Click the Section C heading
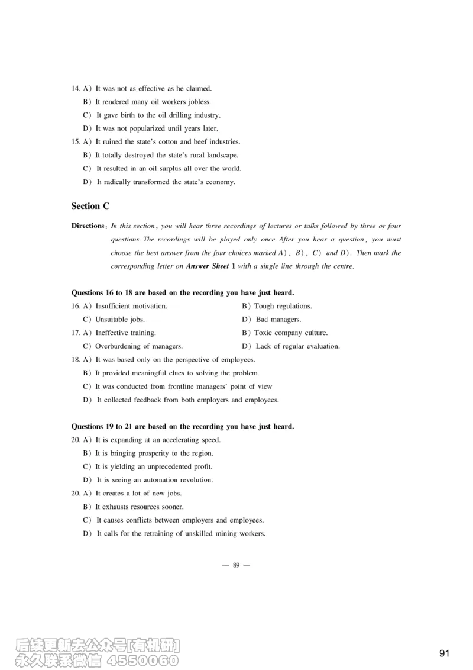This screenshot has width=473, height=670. pyautogui.click(x=90, y=206)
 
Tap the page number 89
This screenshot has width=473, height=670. pyautogui.click(x=236, y=565)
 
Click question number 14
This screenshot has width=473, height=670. pyautogui.click(x=75, y=89)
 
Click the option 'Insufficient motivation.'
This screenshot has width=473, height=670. pyautogui.click(x=131, y=306)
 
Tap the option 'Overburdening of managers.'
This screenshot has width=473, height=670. pyautogui.click(x=138, y=346)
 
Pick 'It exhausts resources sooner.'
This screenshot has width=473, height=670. pyautogui.click(x=139, y=507)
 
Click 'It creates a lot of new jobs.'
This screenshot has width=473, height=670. pyautogui.click(x=138, y=493)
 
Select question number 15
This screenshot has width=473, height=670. pyautogui.click(x=75, y=142)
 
